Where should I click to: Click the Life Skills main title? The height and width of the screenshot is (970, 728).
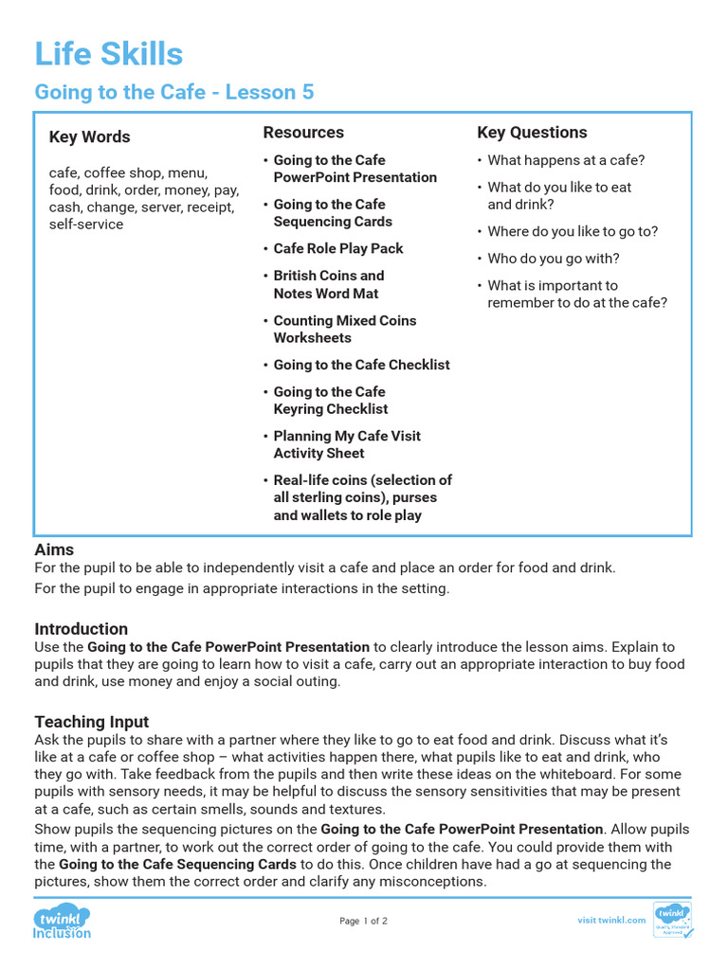click(x=109, y=54)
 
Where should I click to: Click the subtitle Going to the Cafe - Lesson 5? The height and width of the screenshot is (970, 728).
click(x=173, y=92)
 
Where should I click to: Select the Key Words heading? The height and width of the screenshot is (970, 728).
click(x=89, y=137)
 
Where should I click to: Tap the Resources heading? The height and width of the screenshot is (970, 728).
click(x=303, y=133)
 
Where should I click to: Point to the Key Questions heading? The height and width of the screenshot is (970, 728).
click(x=532, y=133)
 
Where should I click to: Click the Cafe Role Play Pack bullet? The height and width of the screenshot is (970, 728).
click(x=337, y=248)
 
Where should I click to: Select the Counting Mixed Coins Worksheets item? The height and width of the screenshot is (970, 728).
click(x=344, y=329)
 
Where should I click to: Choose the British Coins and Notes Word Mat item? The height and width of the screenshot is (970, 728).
click(x=328, y=284)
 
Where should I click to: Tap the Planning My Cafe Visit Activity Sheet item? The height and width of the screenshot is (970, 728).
click(x=346, y=444)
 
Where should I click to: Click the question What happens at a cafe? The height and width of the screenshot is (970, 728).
click(x=565, y=160)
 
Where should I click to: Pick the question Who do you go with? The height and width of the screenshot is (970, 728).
click(x=553, y=259)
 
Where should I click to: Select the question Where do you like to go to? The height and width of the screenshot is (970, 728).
click(x=572, y=231)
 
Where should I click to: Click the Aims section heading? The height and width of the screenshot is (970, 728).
click(x=54, y=549)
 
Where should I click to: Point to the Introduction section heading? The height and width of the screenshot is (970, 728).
click(x=81, y=629)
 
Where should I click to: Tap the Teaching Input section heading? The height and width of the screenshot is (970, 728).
click(x=91, y=722)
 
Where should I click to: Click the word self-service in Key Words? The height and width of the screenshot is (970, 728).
click(x=85, y=225)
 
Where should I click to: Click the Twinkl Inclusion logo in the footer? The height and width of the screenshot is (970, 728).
click(x=62, y=922)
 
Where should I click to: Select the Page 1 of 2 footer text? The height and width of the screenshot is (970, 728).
click(x=363, y=921)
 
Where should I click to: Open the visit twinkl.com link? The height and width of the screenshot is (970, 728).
click(x=611, y=920)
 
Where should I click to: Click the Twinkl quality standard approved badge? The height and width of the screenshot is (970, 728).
click(x=673, y=920)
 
